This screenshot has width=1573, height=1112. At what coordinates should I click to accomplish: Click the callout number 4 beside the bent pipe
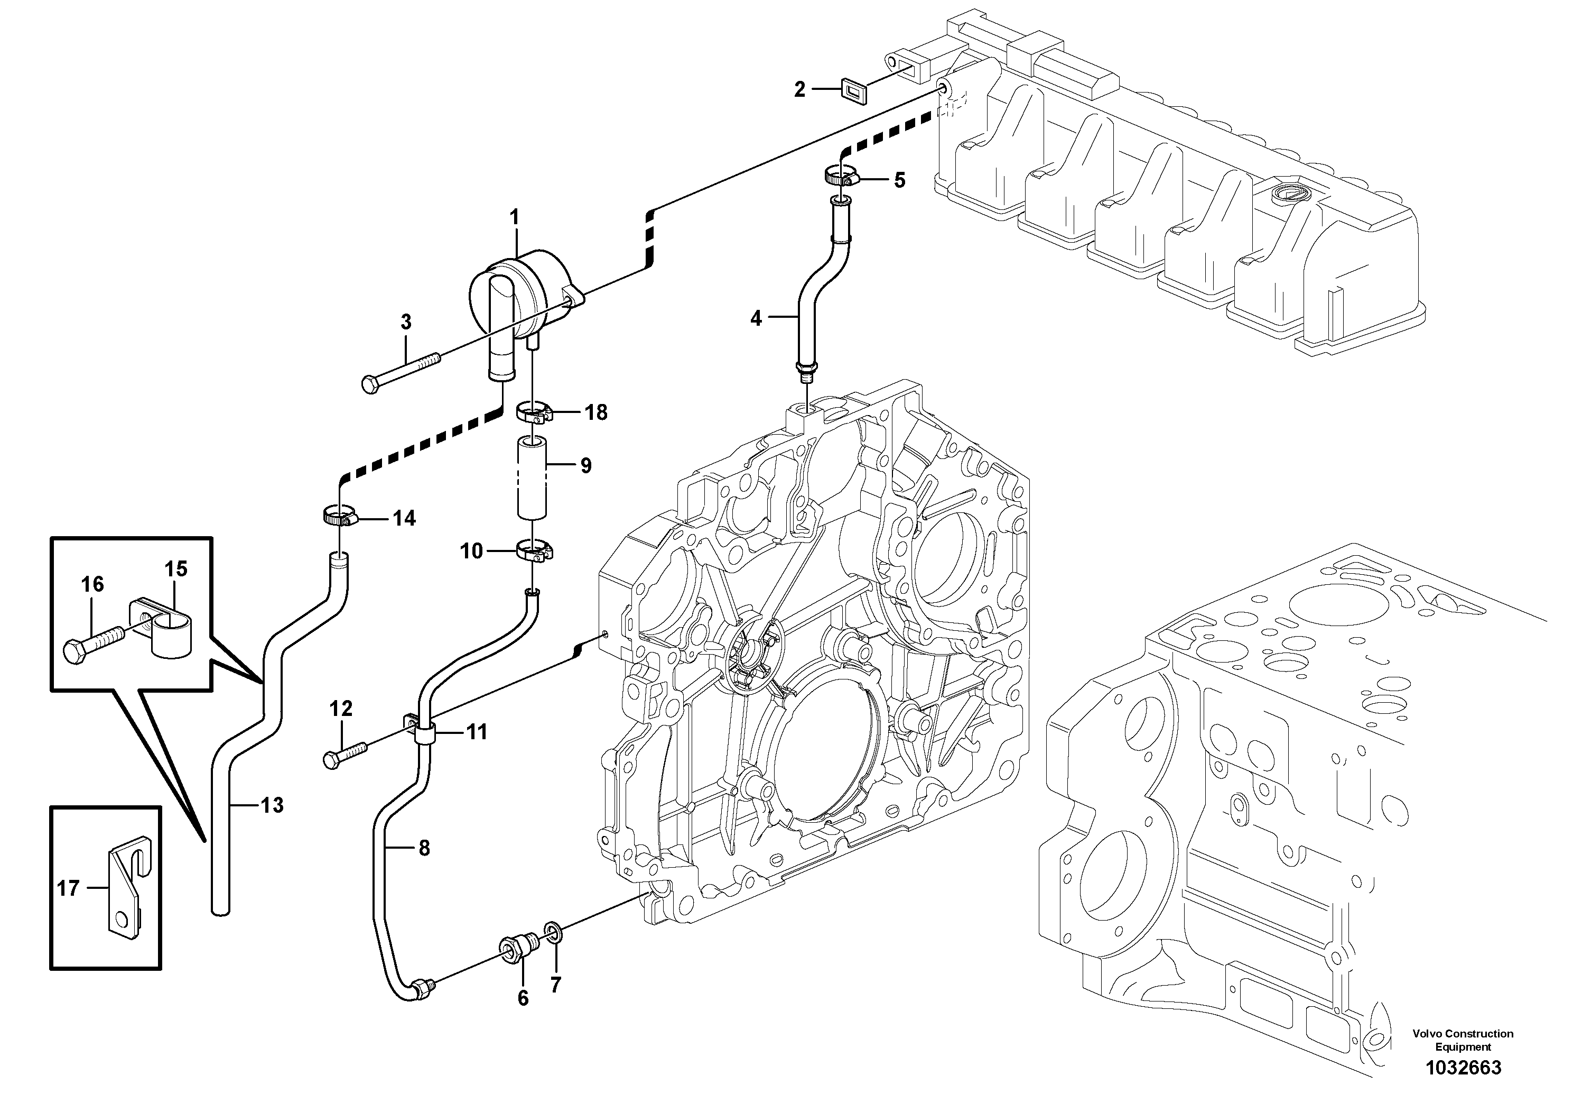(x=756, y=318)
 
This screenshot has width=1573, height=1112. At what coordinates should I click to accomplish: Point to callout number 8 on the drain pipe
(x=424, y=849)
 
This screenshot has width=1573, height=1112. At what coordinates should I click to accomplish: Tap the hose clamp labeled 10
(x=534, y=550)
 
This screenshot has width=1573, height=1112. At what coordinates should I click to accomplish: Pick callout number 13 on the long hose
(x=272, y=805)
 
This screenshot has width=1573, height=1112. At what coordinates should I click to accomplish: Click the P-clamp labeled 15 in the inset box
(x=166, y=626)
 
